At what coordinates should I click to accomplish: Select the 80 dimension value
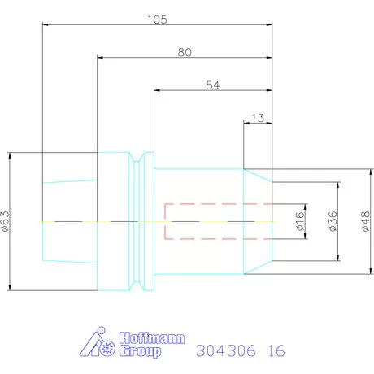(185, 52)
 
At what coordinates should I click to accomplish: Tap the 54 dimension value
(213, 85)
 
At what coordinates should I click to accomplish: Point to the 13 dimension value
(258, 117)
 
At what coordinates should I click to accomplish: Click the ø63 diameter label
(7, 220)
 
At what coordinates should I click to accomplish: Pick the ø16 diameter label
(299, 221)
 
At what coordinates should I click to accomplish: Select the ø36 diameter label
(332, 221)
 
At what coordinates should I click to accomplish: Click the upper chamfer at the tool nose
(258, 174)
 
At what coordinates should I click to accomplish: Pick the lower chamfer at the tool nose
(258, 268)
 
